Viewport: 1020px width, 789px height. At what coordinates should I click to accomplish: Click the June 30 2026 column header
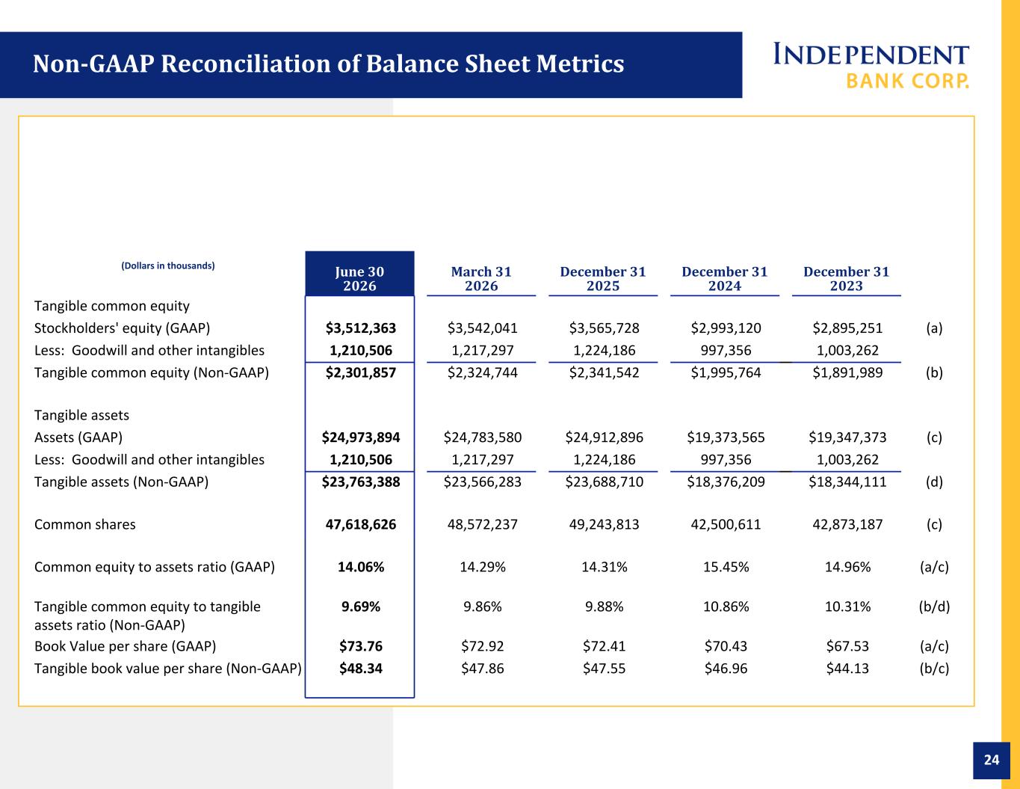pyautogui.click(x=359, y=278)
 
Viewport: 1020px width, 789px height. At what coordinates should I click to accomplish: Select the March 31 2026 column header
pyautogui.click(x=481, y=278)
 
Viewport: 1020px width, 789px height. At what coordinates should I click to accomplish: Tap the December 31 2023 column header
pyautogui.click(x=847, y=278)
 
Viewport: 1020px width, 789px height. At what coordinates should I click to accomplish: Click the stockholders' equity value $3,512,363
pyautogui.click(x=360, y=328)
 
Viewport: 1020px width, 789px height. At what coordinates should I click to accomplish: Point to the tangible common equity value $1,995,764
pyautogui.click(x=726, y=372)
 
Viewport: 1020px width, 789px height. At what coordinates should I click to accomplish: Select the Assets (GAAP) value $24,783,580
pyautogui.click(x=483, y=438)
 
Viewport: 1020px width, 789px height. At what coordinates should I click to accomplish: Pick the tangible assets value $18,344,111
pyautogui.click(x=847, y=482)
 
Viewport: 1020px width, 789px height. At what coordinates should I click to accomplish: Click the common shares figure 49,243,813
pyautogui.click(x=604, y=524)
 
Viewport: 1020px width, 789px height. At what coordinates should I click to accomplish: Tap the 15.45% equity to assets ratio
pyautogui.click(x=726, y=567)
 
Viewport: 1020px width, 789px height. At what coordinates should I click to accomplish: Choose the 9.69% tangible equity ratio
pyautogui.click(x=360, y=607)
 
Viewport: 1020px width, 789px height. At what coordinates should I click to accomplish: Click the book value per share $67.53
pyautogui.click(x=847, y=645)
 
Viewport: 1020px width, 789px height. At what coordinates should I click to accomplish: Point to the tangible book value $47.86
pyautogui.click(x=483, y=668)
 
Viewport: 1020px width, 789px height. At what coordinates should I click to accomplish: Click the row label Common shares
pyautogui.click(x=85, y=524)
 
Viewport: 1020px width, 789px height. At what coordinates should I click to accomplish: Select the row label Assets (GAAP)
pyautogui.click(x=78, y=438)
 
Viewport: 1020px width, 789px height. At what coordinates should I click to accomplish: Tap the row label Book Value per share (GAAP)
pyautogui.click(x=126, y=646)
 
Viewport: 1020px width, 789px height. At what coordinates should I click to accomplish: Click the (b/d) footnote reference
pyautogui.click(x=934, y=607)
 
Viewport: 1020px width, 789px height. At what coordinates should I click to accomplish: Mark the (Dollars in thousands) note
pyautogui.click(x=168, y=265)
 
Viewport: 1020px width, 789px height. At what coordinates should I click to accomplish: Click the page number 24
pyautogui.click(x=992, y=760)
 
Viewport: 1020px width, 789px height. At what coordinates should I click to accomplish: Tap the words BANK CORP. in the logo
pyautogui.click(x=907, y=81)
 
